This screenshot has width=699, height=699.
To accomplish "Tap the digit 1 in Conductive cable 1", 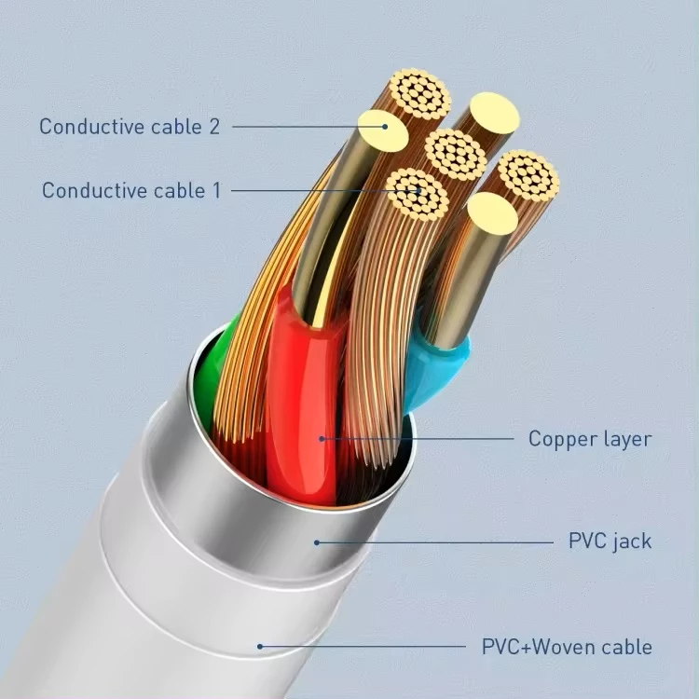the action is click(x=216, y=191).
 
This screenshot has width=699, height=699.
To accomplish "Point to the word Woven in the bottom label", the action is click(x=568, y=647).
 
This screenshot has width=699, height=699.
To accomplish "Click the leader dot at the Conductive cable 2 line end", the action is click(x=385, y=127).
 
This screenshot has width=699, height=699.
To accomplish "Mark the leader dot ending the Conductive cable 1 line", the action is click(x=419, y=191).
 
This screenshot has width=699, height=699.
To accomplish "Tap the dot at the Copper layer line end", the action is click(x=322, y=439).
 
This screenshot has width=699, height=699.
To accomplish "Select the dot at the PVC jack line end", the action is click(x=317, y=542).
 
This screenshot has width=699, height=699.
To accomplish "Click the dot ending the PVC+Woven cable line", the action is click(x=260, y=647).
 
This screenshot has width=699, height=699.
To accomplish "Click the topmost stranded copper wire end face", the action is click(x=419, y=94).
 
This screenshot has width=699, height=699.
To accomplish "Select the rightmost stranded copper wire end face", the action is click(x=528, y=174).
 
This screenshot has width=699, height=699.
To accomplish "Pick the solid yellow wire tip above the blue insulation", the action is click(x=493, y=214).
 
